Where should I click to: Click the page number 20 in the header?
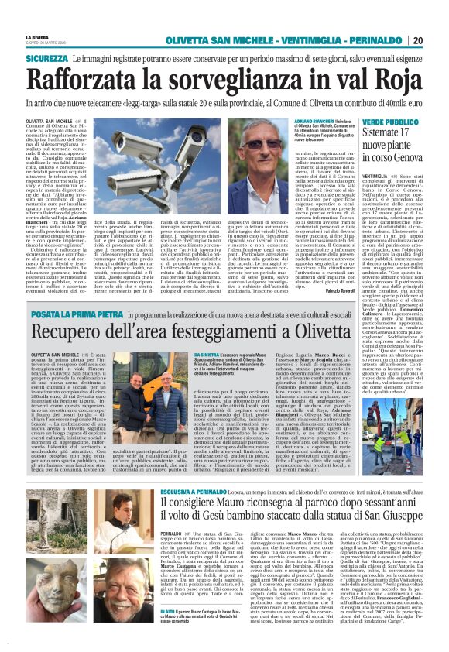coord(439,40)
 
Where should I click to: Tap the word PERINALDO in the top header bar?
coord(382,40)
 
